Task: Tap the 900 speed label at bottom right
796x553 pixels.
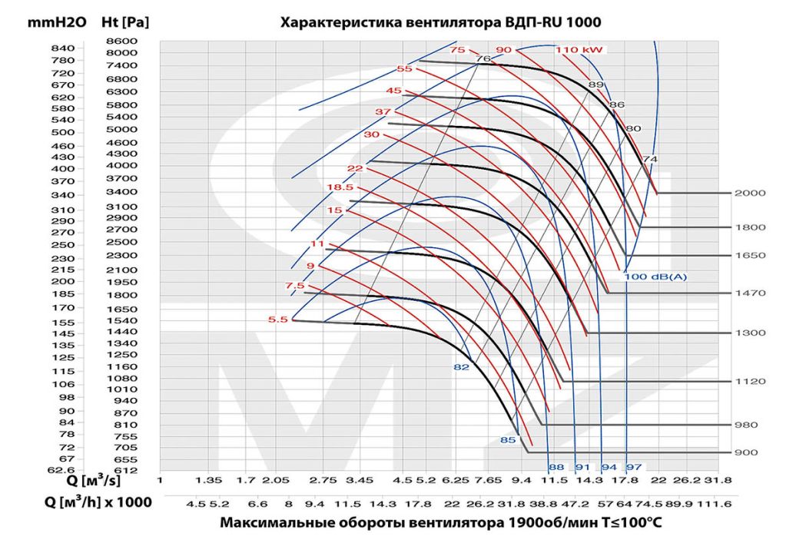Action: tap(746, 452)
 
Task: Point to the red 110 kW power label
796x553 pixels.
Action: tap(579, 50)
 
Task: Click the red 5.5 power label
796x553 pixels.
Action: tap(277, 320)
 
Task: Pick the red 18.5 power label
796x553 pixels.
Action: tap(340, 187)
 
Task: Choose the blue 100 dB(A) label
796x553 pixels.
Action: tap(655, 276)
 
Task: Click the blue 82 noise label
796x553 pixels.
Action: tap(462, 367)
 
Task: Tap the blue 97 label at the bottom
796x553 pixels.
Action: tap(634, 467)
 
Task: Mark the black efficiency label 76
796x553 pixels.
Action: tap(483, 58)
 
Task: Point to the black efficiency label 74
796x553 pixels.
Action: tap(650, 159)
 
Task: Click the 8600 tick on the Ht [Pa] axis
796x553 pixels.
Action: tap(122, 41)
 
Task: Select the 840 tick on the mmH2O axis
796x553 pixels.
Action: tap(63, 48)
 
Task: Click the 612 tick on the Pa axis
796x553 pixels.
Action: tap(125, 470)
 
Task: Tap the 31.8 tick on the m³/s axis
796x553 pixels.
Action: tap(718, 480)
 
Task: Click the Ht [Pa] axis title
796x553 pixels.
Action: tap(125, 22)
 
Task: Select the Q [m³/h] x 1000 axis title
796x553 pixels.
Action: tap(98, 502)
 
